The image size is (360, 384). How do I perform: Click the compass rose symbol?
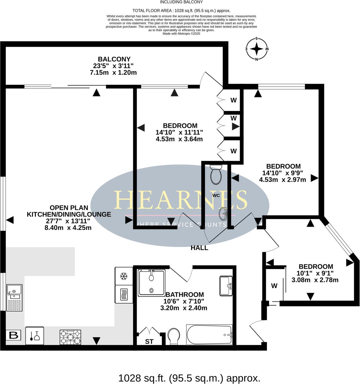(x=257, y=49)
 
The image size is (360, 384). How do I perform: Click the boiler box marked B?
(x=14, y=335)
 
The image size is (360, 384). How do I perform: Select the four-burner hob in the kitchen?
(x=70, y=337)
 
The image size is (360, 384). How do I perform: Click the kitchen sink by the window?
(x=14, y=298)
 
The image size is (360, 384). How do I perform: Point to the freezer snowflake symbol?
(x=124, y=276)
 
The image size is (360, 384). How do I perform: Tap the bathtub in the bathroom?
(x=209, y=335)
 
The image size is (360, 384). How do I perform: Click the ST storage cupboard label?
(x=149, y=341)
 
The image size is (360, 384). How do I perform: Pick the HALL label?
(x=200, y=248)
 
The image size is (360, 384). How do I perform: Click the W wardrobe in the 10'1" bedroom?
(x=274, y=286)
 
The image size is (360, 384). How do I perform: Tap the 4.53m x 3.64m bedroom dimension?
(x=179, y=139)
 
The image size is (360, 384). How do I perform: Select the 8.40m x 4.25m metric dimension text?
(x=69, y=228)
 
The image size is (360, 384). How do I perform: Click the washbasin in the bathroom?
(x=226, y=285)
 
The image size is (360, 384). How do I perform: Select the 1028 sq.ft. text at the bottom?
(x=189, y=378)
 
